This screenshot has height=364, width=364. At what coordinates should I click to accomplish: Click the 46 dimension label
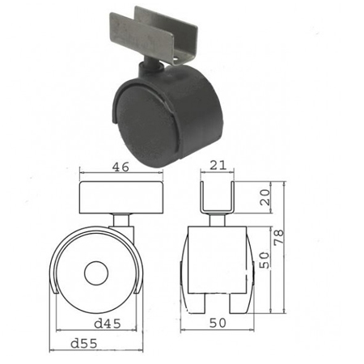click(121, 167)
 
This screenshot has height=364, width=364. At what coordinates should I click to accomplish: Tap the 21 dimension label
click(218, 165)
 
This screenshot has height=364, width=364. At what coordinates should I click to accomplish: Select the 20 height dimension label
click(265, 197)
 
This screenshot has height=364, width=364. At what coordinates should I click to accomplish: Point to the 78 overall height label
click(279, 237)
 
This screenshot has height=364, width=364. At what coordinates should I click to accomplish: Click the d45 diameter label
click(108, 324)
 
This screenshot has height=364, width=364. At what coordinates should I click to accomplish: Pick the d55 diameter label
click(83, 344)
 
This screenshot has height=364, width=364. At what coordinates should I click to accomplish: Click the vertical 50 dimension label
click(265, 260)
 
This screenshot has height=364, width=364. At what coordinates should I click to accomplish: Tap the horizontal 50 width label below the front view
click(218, 323)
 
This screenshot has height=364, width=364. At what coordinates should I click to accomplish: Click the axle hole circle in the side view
click(96, 273)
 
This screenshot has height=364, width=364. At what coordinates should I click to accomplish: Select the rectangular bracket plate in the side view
click(121, 197)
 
